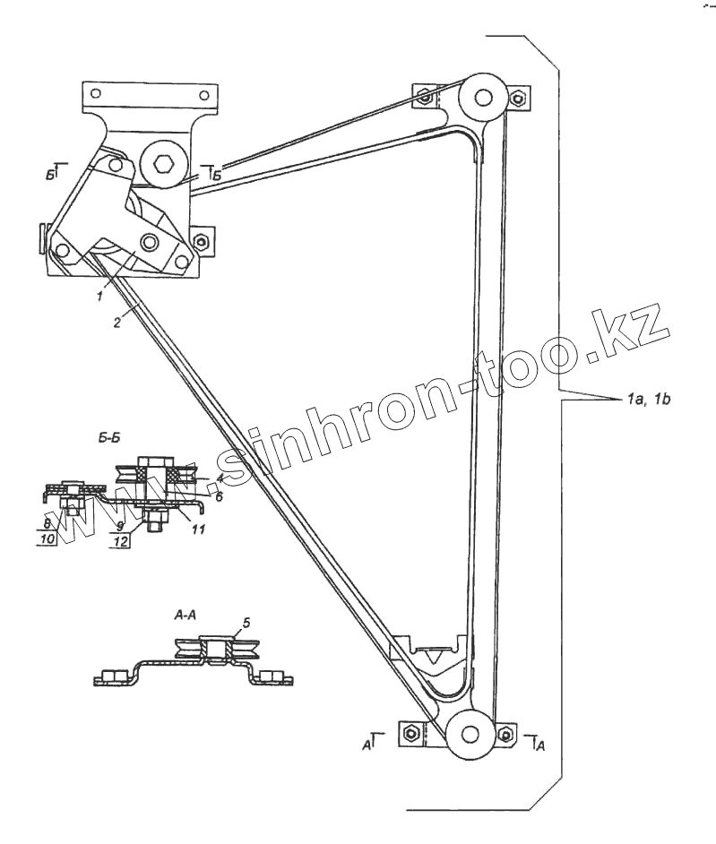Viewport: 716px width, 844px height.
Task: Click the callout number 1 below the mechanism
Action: (101, 293)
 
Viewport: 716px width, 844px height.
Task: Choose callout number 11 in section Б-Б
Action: (199, 530)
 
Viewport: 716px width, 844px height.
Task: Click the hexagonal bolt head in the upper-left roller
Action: (164, 166)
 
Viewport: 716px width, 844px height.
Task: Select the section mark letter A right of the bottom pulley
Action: (539, 742)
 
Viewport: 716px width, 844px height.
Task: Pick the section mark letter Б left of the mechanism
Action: (49, 173)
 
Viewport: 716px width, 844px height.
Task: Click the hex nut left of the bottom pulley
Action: (410, 733)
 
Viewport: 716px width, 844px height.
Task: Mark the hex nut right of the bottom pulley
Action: (507, 735)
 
